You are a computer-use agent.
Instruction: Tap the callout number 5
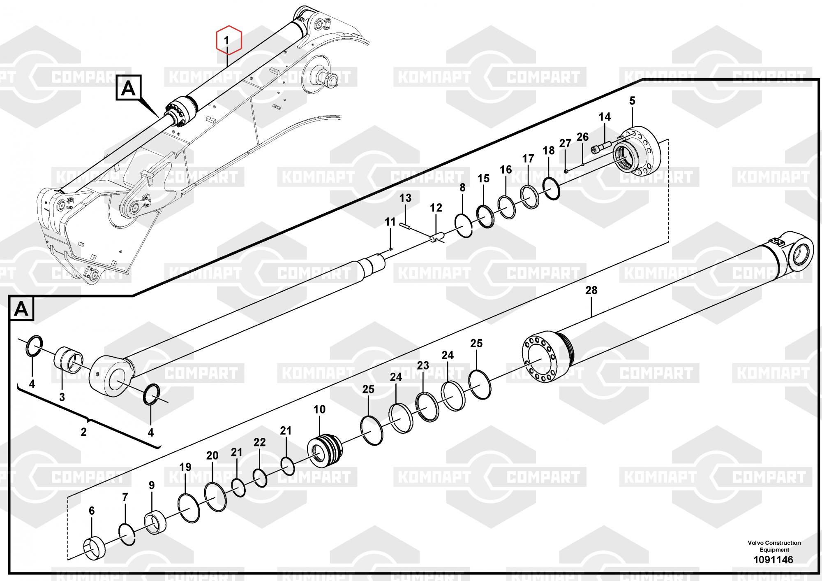pos(632,100)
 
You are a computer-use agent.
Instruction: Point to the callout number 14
pos(605,117)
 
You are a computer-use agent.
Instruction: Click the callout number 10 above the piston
pos(319,409)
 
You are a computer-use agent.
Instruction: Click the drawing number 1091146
pos(773,560)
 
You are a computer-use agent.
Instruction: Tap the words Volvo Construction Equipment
pos(774,546)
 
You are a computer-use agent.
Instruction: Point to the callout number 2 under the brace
pos(83,432)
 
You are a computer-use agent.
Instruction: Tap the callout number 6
pos(92,511)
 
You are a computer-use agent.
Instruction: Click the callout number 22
pos(259,442)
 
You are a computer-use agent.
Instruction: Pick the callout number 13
pos(405,198)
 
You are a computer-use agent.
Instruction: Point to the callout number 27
pos(565,143)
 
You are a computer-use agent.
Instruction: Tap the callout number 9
pos(152,485)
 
